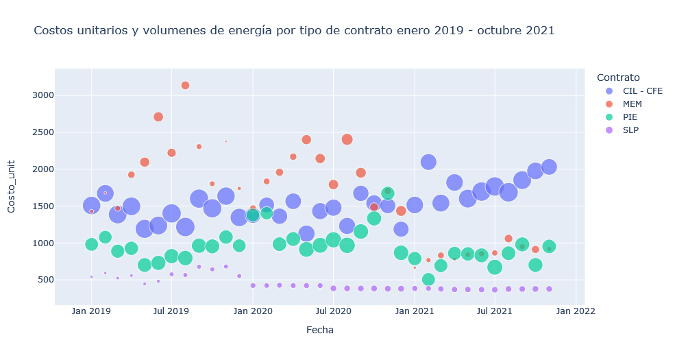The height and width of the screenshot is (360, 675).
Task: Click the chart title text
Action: [294, 31]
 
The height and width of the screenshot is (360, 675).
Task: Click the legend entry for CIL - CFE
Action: [642, 91]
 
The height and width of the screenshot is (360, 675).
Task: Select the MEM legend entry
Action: [632, 104]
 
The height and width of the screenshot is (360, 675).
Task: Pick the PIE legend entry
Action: [630, 117]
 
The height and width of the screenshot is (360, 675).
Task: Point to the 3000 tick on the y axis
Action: [43, 95]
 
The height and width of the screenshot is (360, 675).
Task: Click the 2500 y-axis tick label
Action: [43, 132]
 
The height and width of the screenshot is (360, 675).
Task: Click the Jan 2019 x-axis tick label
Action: [91, 311]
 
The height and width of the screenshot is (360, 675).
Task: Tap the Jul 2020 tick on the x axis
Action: [333, 311]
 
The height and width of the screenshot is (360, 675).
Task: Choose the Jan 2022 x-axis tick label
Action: [575, 311]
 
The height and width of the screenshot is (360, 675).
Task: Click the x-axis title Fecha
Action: [319, 330]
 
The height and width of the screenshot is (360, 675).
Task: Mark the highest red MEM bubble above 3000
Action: [185, 86]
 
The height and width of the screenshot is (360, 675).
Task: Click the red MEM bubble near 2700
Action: [158, 117]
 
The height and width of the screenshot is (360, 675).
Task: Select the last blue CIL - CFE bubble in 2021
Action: [549, 167]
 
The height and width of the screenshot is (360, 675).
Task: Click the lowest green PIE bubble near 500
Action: [428, 279]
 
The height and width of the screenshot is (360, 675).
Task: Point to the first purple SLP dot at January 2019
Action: [91, 277]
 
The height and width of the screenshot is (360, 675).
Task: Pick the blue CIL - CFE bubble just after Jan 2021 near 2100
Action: [428, 162]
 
